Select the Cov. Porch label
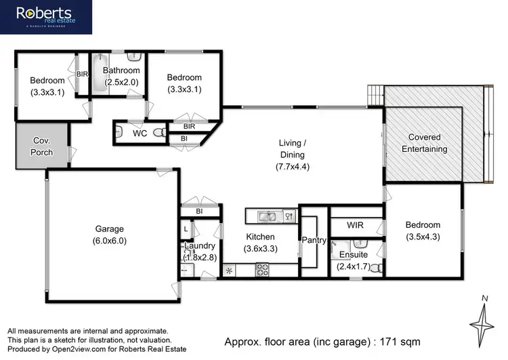(x=42, y=146)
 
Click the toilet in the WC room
(x=160, y=134)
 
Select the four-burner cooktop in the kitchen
(x=262, y=270)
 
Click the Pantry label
(x=314, y=241)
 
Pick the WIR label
(x=356, y=224)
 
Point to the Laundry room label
(x=199, y=246)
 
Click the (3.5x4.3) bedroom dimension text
(x=422, y=237)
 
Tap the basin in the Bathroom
(x=133, y=58)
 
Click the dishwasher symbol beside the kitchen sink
(x=289, y=216)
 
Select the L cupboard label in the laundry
(x=186, y=230)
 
